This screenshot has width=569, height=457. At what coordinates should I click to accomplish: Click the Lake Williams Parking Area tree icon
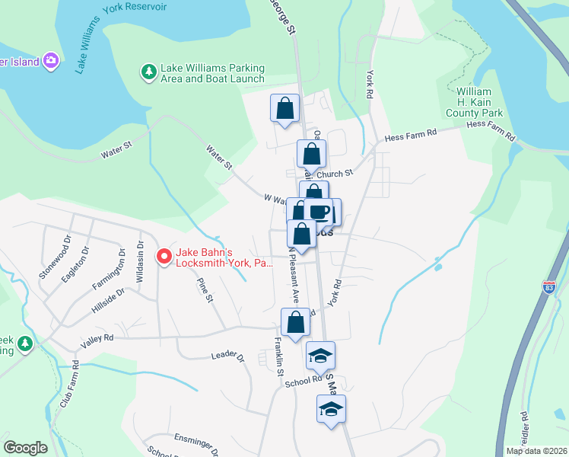coord(148,72)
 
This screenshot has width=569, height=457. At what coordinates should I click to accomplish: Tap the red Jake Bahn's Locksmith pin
coord(163,257)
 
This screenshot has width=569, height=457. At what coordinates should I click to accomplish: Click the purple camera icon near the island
coord(51,60)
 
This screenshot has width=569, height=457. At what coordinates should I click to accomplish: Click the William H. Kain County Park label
coord(480,102)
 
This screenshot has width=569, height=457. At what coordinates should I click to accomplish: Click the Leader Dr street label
coord(228,356)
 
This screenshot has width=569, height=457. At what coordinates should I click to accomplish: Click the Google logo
coord(25,448)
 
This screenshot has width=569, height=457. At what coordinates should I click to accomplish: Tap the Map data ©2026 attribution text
coord(536,451)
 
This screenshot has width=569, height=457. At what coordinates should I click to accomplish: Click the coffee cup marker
coord(319,212)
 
